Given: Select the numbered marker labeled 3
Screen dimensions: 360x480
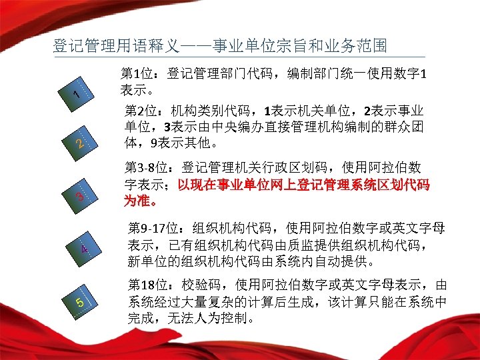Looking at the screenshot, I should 79,197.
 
